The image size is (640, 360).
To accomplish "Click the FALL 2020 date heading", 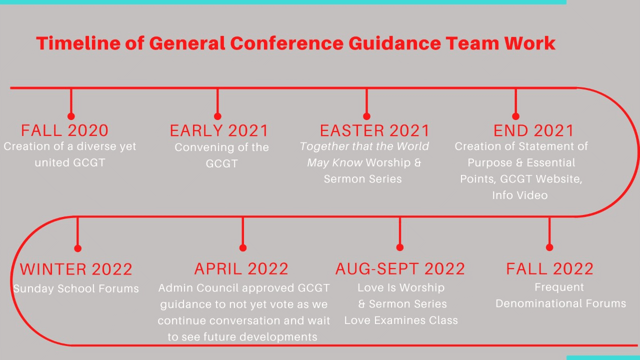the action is pyautogui.click(x=64, y=130).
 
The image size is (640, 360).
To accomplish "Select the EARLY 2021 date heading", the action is pyautogui.click(x=219, y=130).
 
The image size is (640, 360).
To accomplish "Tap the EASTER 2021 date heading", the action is pyautogui.click(x=374, y=130).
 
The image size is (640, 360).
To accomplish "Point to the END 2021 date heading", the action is pyautogui.click(x=533, y=130).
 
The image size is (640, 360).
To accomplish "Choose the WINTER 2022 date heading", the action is pyautogui.click(x=76, y=269).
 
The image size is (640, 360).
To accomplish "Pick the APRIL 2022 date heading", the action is pyautogui.click(x=241, y=269).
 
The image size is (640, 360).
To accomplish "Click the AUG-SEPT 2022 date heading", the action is pyautogui.click(x=400, y=269).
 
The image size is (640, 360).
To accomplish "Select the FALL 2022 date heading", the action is pyautogui.click(x=549, y=269).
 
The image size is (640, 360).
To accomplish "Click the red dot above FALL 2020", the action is pyautogui.click(x=71, y=116).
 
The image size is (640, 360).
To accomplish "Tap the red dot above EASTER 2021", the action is pyautogui.click(x=366, y=116).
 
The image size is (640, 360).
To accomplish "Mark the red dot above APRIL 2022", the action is pyautogui.click(x=243, y=247).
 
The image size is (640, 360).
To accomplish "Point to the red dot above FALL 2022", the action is pyautogui.click(x=549, y=247).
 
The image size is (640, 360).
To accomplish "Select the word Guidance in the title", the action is pyautogui.click(x=395, y=43).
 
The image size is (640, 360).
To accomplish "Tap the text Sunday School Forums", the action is pyautogui.click(x=76, y=288).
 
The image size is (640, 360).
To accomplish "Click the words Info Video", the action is pyautogui.click(x=519, y=195).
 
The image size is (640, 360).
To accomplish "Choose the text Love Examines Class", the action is pyautogui.click(x=401, y=320).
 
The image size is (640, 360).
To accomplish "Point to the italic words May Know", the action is pyautogui.click(x=334, y=163).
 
